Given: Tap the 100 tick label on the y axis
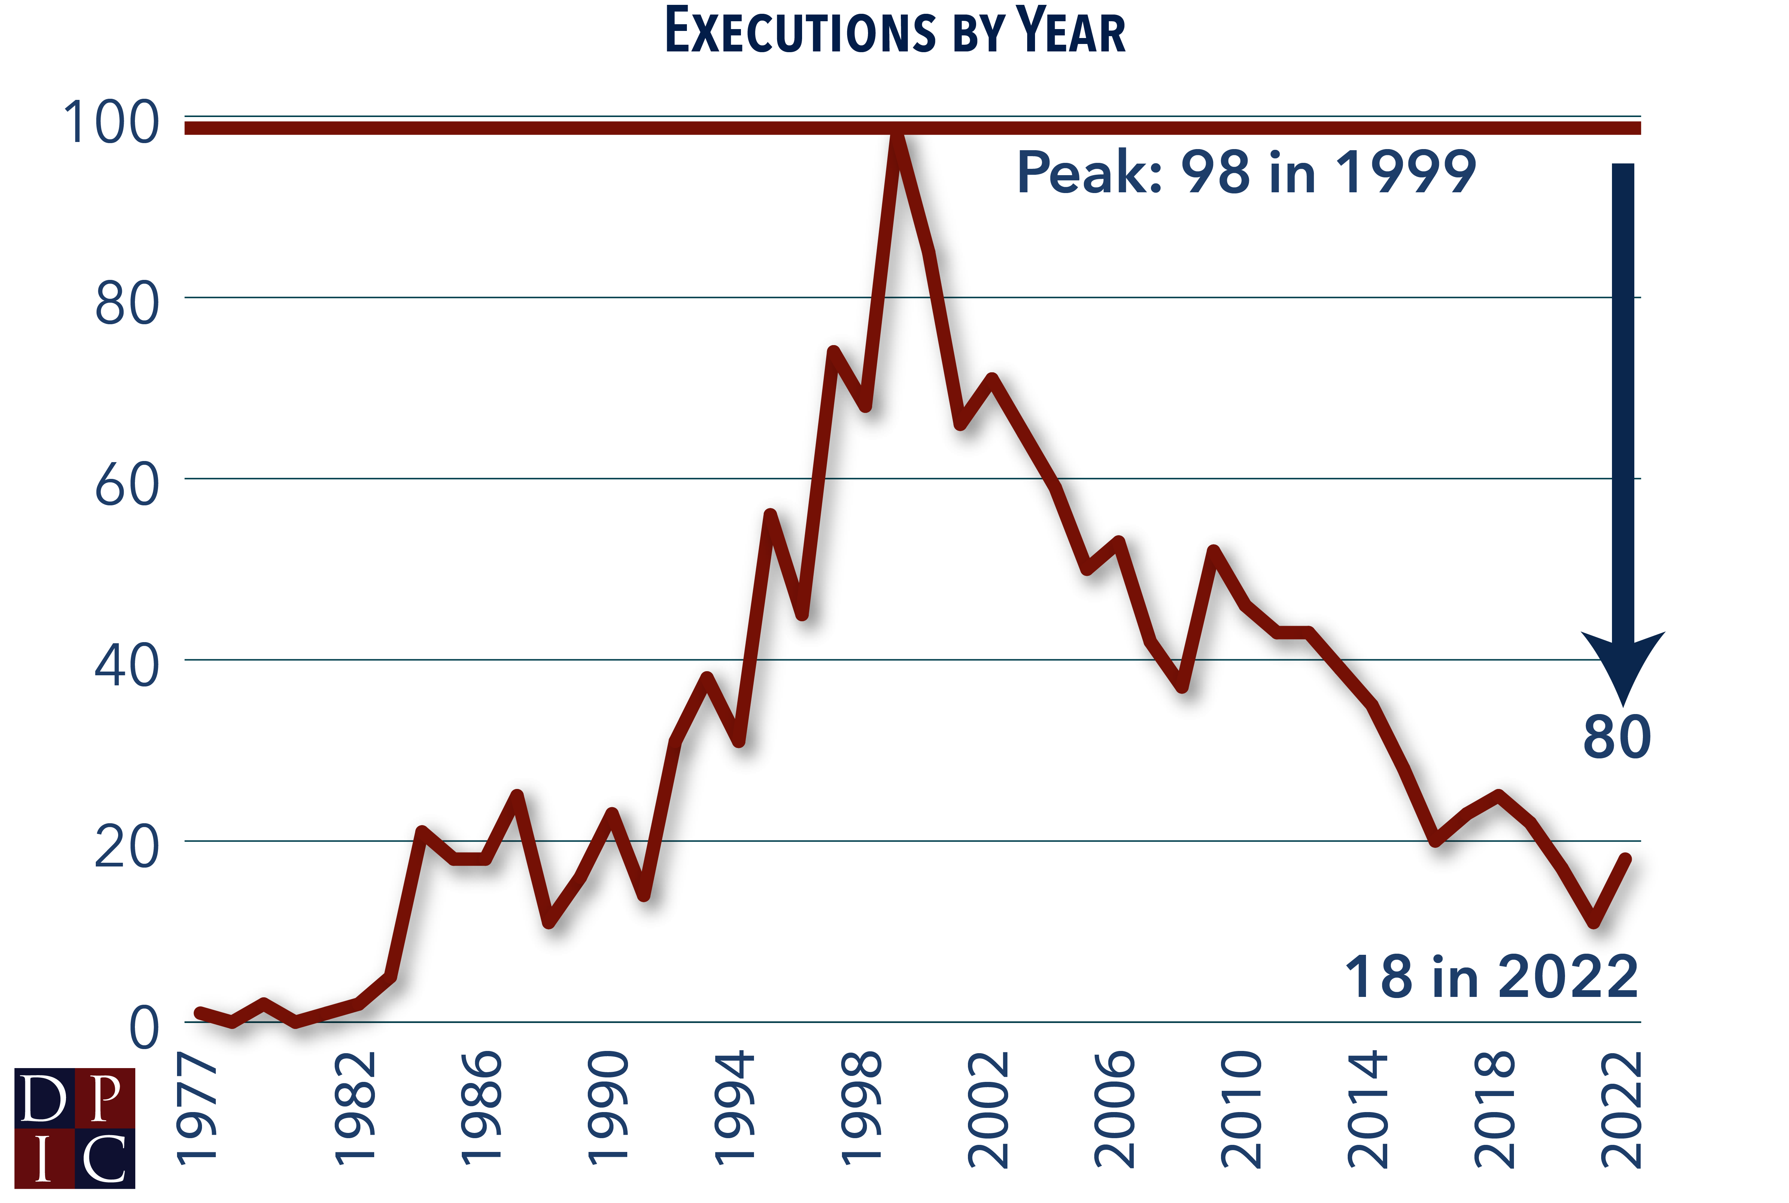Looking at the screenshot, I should click(111, 123).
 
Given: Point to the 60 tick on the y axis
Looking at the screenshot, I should click(127, 485).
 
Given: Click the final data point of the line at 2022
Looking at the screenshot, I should click(1624, 859).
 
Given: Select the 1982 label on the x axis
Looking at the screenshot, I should click(355, 1109).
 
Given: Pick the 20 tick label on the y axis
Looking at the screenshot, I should click(127, 847).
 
